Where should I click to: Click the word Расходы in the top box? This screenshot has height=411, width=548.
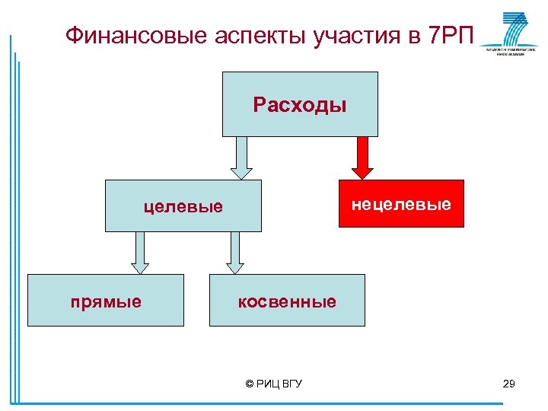[x=300, y=104]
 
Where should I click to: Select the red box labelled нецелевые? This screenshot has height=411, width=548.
[x=400, y=204]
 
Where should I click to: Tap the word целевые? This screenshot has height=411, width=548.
[x=184, y=206]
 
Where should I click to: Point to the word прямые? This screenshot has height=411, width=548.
[x=106, y=301]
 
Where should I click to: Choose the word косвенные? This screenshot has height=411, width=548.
[x=287, y=301]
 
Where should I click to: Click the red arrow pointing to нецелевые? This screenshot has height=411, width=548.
[x=363, y=158]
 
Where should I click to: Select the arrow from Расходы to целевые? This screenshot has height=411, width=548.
[x=241, y=158]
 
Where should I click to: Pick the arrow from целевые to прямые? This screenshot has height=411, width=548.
[x=140, y=252]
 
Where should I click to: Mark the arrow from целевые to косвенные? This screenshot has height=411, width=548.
[x=235, y=252]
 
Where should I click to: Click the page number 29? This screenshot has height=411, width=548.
[x=509, y=384]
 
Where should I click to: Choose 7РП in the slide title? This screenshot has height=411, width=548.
[x=451, y=35]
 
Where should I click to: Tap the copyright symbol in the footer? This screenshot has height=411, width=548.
[x=250, y=384]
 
